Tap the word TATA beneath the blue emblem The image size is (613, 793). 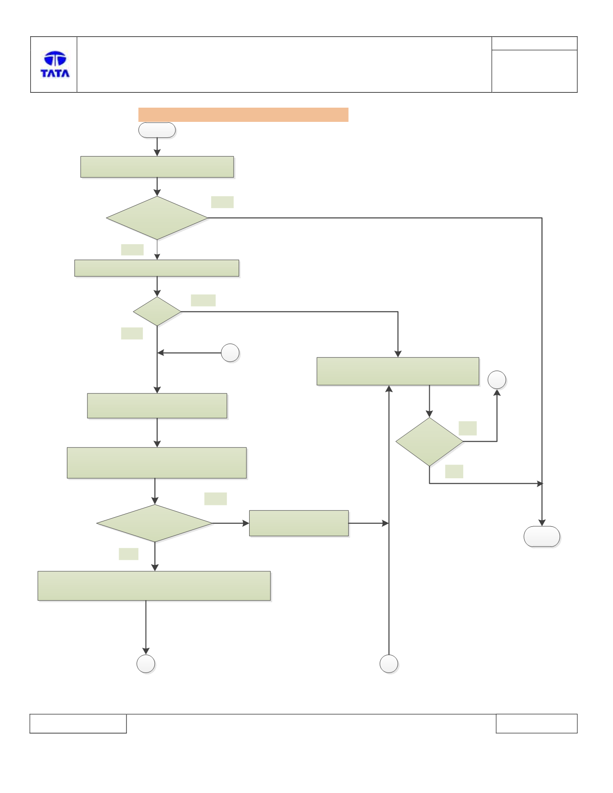tap(55, 73)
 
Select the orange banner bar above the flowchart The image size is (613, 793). tap(243, 115)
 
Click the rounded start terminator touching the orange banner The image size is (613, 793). tap(157, 130)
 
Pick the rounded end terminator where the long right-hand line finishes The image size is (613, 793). tap(542, 536)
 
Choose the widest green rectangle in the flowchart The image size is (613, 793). tap(154, 585)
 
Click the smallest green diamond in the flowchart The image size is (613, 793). tap(157, 312)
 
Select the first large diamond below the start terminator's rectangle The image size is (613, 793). tap(157, 218)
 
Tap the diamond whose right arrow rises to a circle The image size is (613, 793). tap(429, 442)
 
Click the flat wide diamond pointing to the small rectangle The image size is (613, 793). tap(155, 523)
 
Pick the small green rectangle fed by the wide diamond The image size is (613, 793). tap(299, 523)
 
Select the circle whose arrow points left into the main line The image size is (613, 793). tap(230, 353)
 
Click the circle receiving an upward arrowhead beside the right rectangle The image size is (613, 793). tap(497, 380)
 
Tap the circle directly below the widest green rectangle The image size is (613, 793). tap(146, 664)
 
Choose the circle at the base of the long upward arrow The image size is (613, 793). tap(389, 664)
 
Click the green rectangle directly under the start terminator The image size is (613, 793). tap(157, 167)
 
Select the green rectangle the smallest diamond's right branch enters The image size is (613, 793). tap(398, 371)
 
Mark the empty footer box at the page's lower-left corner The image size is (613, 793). tap(78, 723)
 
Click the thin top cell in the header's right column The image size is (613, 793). tap(534, 43)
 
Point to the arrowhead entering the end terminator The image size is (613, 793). tap(542, 523)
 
